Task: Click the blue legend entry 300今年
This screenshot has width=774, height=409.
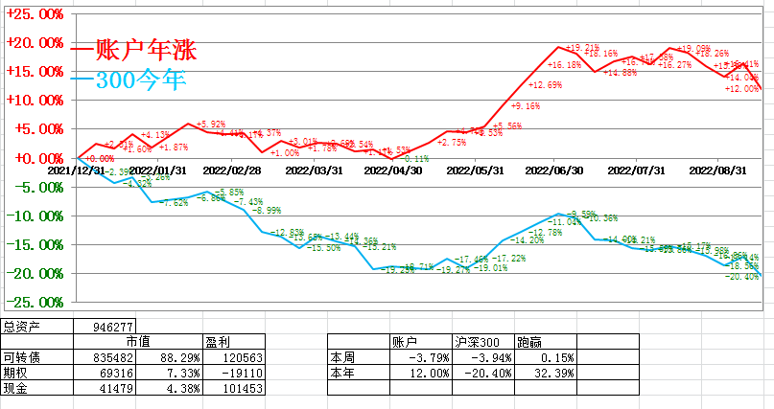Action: [x=139, y=80]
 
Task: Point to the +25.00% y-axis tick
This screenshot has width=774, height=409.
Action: [x=35, y=14]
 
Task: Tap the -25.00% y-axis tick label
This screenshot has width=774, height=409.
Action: [x=35, y=302]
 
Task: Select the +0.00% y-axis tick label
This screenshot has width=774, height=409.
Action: [x=36, y=158]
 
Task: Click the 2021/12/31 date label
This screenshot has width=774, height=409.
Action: [x=78, y=170]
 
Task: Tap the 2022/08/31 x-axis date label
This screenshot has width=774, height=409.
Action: [x=718, y=170]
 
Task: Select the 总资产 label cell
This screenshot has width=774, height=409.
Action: [x=23, y=327]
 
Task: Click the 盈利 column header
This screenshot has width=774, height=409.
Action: [x=218, y=342]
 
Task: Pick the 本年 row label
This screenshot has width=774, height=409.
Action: [x=342, y=373]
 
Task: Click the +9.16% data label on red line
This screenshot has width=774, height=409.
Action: [x=526, y=106]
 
